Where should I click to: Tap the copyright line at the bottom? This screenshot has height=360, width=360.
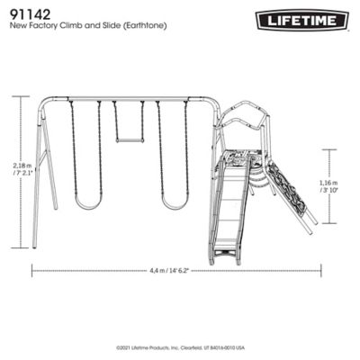click(x=180, y=346)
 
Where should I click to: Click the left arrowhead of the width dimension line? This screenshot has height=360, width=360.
click(x=33, y=268)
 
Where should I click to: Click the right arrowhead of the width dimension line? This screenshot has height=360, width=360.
click(x=319, y=268)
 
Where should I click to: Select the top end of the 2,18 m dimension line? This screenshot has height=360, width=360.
click(x=20, y=97)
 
